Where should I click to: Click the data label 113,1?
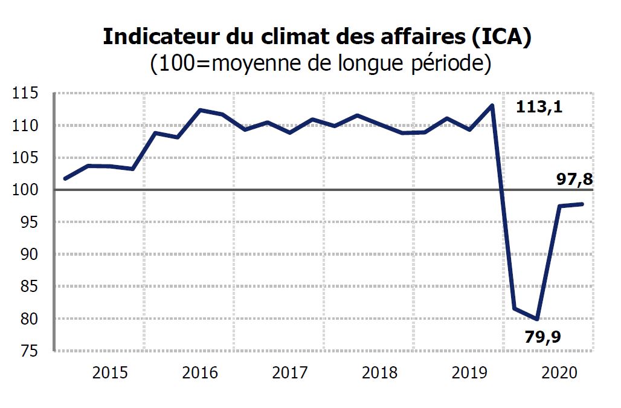coord(539,108)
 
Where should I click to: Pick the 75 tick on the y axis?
coord(27,351)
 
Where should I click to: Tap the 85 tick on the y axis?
coord(27,287)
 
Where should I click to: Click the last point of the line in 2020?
coord(582,204)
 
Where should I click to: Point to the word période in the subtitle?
coord(443,63)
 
